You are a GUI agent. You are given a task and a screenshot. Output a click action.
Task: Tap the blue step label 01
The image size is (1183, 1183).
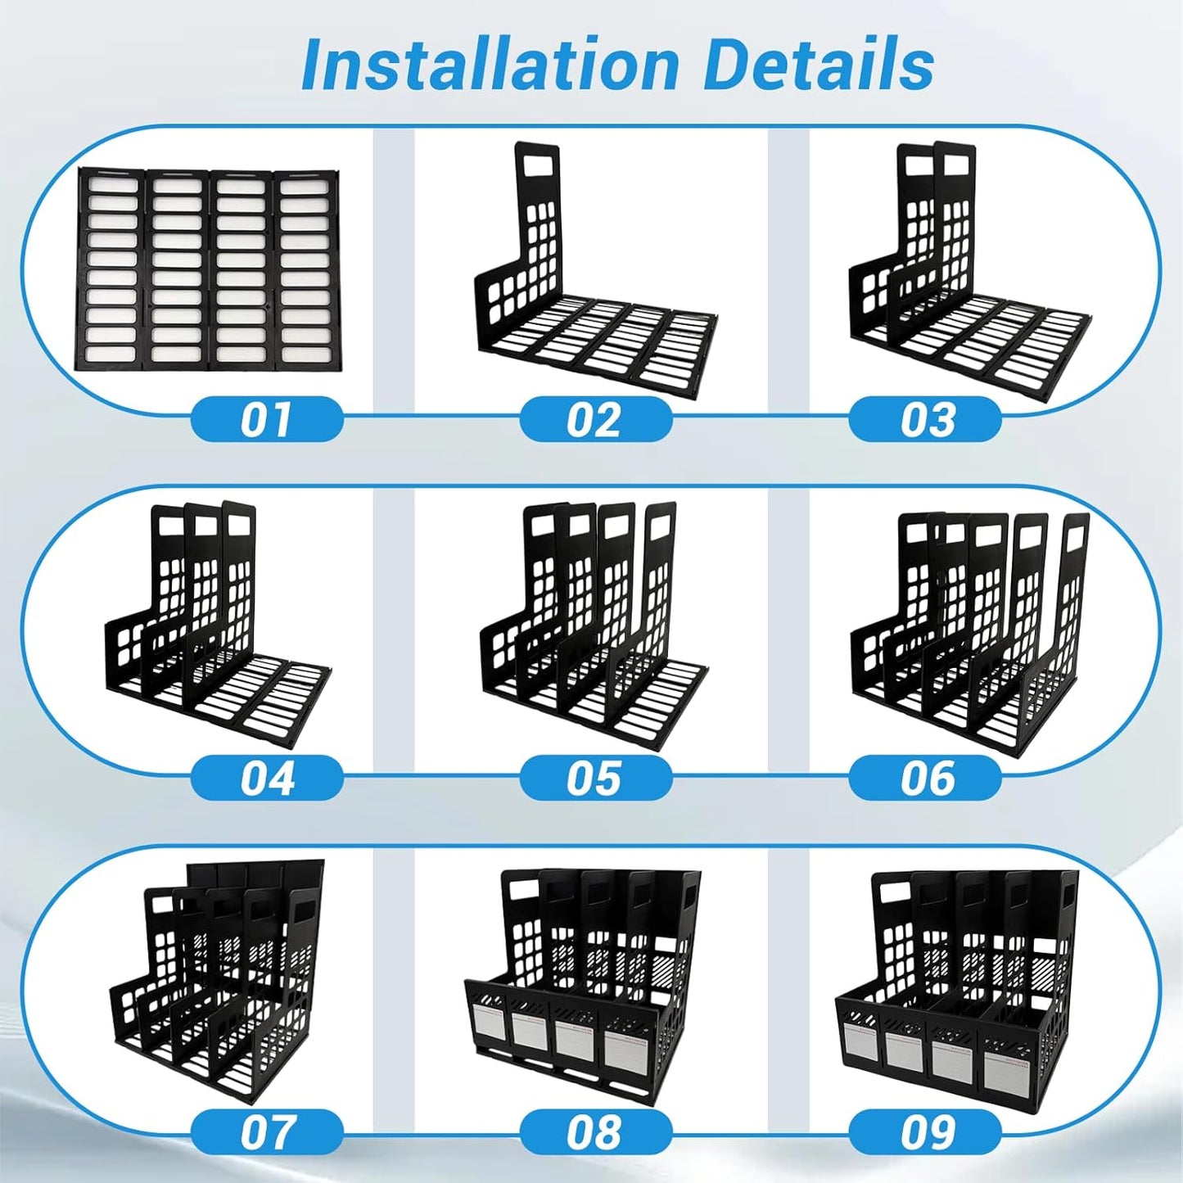267,419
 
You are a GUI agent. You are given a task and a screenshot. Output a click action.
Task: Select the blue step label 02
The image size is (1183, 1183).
595,419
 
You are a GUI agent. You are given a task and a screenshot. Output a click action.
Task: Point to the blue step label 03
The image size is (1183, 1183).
924,419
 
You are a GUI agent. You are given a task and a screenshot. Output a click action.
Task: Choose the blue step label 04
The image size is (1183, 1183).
267,778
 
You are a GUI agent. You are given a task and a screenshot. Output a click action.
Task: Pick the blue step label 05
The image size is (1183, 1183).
595,778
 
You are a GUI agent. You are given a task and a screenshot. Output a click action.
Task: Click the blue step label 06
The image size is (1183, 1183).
924,778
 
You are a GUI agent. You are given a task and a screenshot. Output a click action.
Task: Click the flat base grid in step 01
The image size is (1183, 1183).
207,269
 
